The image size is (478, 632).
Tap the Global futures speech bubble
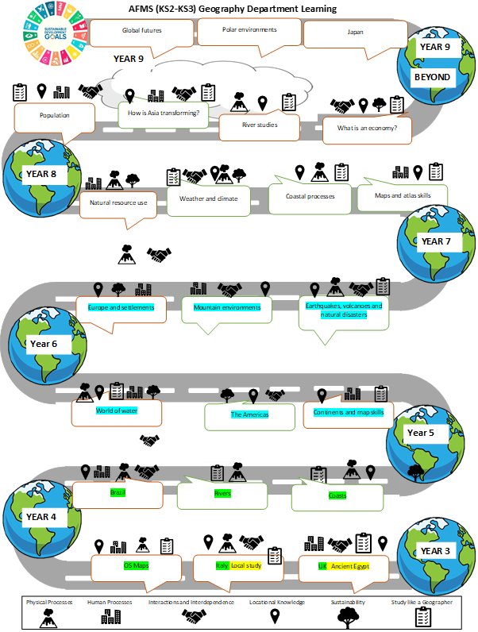(142, 32)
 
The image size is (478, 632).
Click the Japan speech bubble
(355, 33)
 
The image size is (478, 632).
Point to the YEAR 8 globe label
(41, 174)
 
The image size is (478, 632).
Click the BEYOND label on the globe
(432, 78)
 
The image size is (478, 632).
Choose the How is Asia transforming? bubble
(163, 113)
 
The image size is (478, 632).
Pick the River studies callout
(260, 125)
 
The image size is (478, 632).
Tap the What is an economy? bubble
(367, 129)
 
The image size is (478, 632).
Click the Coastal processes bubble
(310, 195)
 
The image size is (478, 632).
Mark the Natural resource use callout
(118, 203)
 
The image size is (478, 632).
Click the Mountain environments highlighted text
(227, 306)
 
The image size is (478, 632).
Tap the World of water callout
(116, 410)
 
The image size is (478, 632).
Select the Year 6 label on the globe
(44, 344)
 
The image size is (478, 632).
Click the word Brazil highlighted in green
(118, 492)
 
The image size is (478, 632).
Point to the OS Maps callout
(136, 566)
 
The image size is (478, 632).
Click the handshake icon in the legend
(191, 616)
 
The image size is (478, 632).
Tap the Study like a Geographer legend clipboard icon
(422, 617)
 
